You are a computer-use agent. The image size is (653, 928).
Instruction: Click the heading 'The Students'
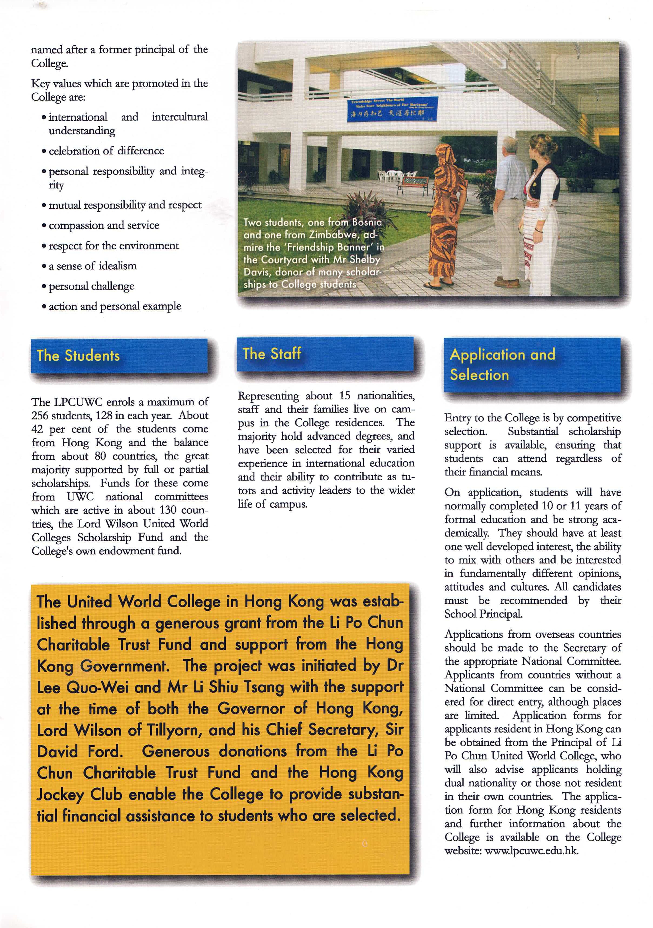pyautogui.click(x=78, y=356)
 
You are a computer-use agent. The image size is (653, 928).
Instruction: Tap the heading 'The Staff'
pyautogui.click(x=272, y=354)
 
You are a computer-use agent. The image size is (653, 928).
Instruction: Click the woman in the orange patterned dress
pyautogui.click(x=448, y=214)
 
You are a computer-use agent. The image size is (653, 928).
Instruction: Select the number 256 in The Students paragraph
pyautogui.click(x=40, y=415)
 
